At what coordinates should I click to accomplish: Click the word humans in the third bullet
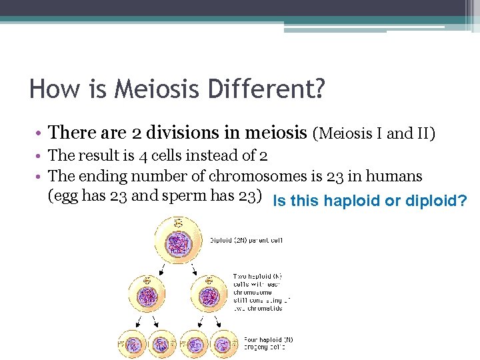tap(396, 177)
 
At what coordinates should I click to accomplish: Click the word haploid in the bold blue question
tap(350, 201)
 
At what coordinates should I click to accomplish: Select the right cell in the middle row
tap(210, 296)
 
